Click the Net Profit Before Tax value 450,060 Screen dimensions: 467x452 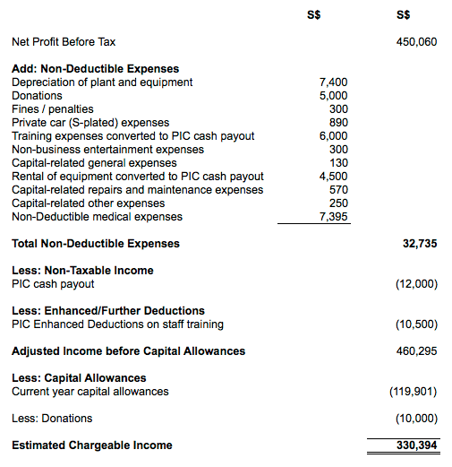415,42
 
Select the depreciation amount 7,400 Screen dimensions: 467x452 333,82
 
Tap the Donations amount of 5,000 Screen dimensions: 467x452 333,96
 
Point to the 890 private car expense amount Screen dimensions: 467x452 338,123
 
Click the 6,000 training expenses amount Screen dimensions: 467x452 333,136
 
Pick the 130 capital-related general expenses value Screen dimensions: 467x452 338,163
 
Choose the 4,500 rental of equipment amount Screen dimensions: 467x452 333,177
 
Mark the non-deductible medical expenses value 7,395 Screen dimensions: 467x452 333,217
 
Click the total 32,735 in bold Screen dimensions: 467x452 418,244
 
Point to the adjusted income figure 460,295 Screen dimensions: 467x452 415,351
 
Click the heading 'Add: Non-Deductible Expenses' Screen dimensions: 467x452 95,69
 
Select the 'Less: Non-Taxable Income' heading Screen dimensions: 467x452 82,271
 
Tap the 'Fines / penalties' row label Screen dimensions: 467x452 52,109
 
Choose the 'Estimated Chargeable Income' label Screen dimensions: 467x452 91,445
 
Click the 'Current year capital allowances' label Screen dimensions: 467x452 90,392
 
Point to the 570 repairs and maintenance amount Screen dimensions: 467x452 338,190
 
